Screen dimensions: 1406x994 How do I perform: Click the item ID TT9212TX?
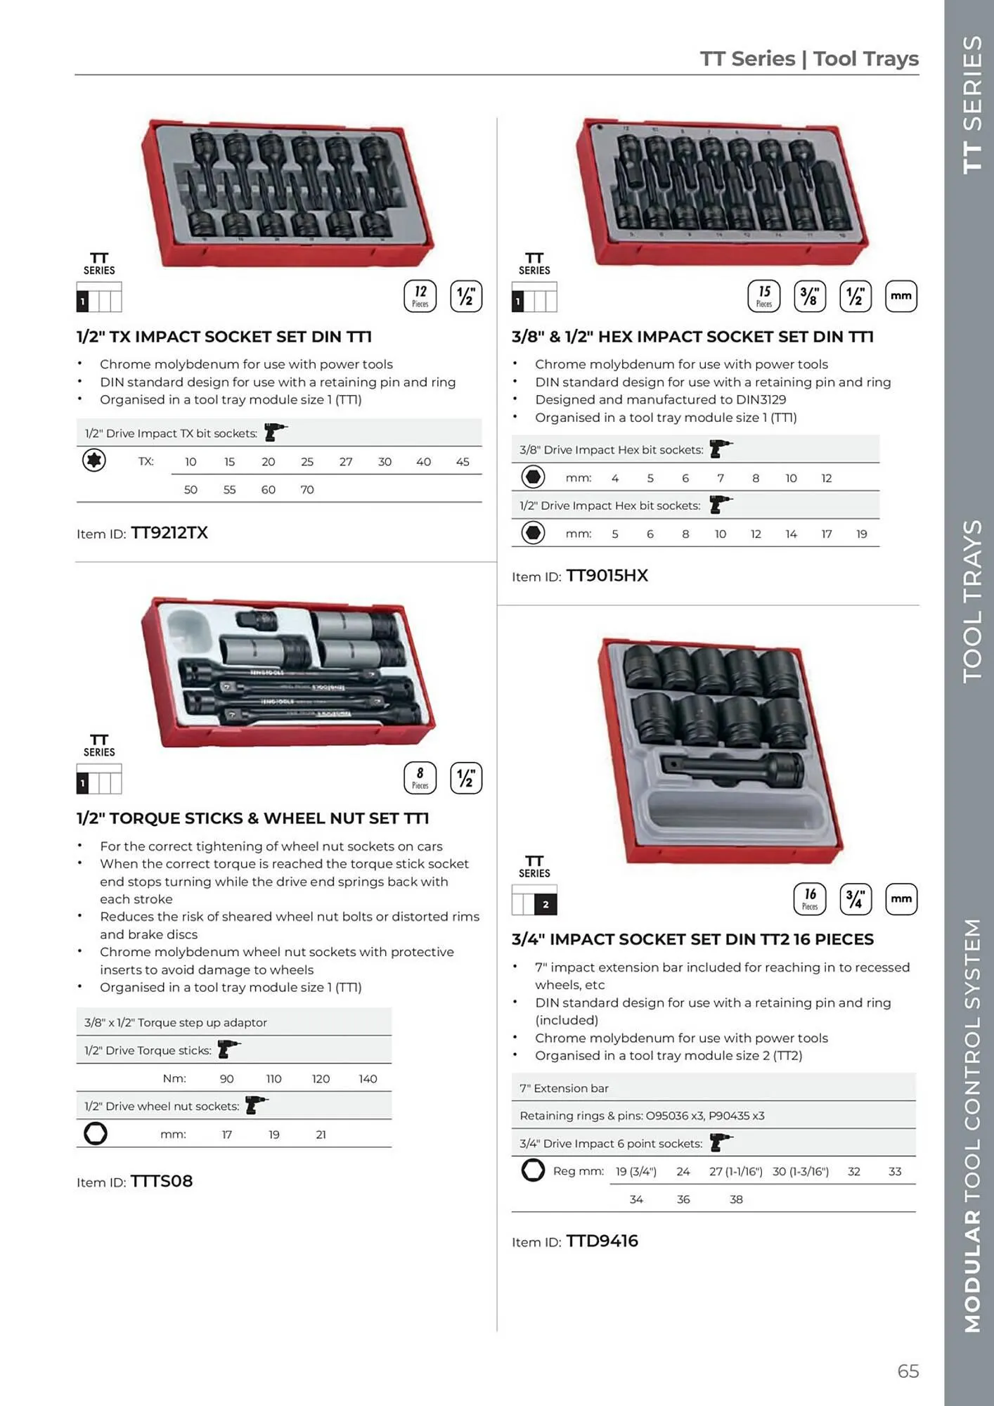169,533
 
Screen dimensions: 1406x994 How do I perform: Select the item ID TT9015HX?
607,576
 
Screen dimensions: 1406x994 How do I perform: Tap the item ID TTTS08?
162,1181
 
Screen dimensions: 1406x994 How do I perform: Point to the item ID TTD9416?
602,1241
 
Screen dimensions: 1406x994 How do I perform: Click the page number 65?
908,1371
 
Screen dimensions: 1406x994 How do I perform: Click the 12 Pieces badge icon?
420,296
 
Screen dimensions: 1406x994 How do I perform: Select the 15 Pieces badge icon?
763,296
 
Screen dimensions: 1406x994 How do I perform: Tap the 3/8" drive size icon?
809,296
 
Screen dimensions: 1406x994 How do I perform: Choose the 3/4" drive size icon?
855,899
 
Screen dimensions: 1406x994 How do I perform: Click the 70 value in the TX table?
307,490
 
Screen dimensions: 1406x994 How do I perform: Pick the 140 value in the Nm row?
368,1078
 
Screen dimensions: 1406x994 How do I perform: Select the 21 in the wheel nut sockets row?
321,1135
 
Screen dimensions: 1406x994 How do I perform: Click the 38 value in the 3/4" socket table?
736,1199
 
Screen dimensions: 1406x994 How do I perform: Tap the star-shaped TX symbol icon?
93,460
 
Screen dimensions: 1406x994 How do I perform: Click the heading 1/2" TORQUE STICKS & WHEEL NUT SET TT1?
252,818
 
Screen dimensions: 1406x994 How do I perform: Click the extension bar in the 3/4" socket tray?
731,768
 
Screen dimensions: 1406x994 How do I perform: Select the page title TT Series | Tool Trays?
808,58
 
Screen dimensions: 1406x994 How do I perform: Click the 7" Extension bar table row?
713,1088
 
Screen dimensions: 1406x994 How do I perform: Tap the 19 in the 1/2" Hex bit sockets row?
861,534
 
